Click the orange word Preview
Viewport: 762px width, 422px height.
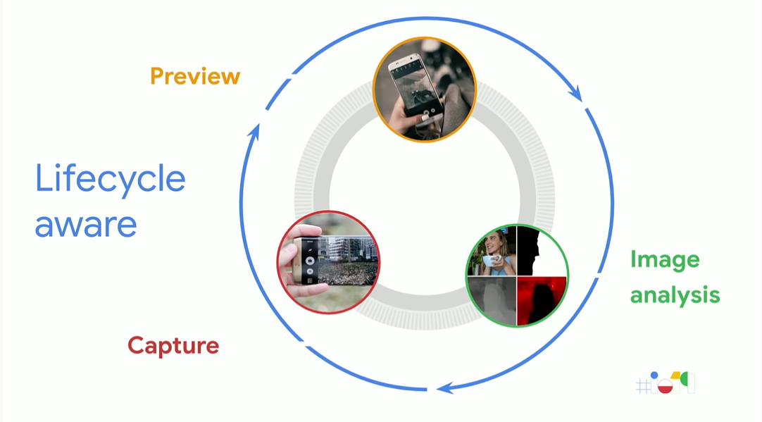coord(195,76)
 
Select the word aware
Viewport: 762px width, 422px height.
coord(86,224)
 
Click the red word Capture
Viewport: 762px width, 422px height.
coord(173,346)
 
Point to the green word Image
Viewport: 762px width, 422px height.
coord(665,261)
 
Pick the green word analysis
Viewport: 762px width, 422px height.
coord(675,294)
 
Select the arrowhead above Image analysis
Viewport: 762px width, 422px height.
coord(576,94)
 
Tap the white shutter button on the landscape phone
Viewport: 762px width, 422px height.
coord(309,260)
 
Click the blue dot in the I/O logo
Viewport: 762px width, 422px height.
coord(654,376)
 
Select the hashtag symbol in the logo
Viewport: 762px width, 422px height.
coord(642,385)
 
